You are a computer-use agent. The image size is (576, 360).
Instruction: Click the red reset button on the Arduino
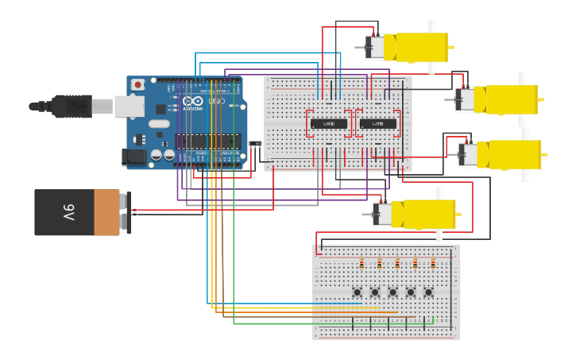pyautogui.click(x=138, y=84)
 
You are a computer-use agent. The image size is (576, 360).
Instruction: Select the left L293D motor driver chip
pyautogui.click(x=329, y=123)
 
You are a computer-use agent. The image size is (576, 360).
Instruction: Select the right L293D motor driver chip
pyautogui.click(x=378, y=123)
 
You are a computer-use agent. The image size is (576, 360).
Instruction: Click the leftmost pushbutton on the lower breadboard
pyautogui.click(x=358, y=292)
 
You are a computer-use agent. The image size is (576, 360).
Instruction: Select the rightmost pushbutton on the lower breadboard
pyautogui.click(x=429, y=292)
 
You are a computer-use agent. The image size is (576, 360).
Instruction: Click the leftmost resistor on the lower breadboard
pyautogui.click(x=361, y=264)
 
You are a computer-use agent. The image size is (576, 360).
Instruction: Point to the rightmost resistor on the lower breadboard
pyautogui.click(x=433, y=264)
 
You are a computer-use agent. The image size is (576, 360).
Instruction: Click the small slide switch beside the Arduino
pyautogui.click(x=255, y=144)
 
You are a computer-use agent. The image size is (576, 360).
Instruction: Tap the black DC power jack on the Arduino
pyautogui.click(x=135, y=157)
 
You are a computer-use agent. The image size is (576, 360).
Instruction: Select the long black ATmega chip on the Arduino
pyautogui.click(x=207, y=141)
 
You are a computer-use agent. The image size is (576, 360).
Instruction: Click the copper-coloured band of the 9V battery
pyautogui.click(x=106, y=212)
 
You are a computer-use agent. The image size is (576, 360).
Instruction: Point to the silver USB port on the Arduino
pyautogui.click(x=129, y=106)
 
